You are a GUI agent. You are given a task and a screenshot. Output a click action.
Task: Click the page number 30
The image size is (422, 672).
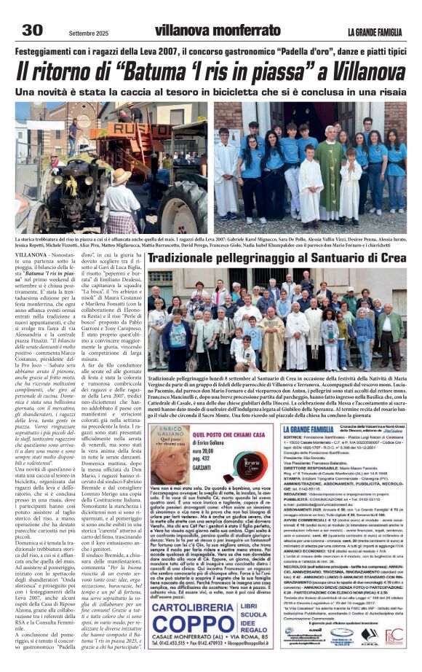point(33,29)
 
